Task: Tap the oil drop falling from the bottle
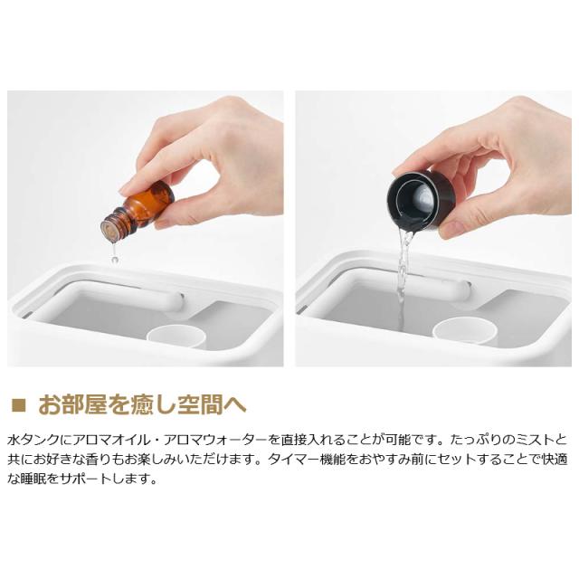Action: click(x=115, y=260)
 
